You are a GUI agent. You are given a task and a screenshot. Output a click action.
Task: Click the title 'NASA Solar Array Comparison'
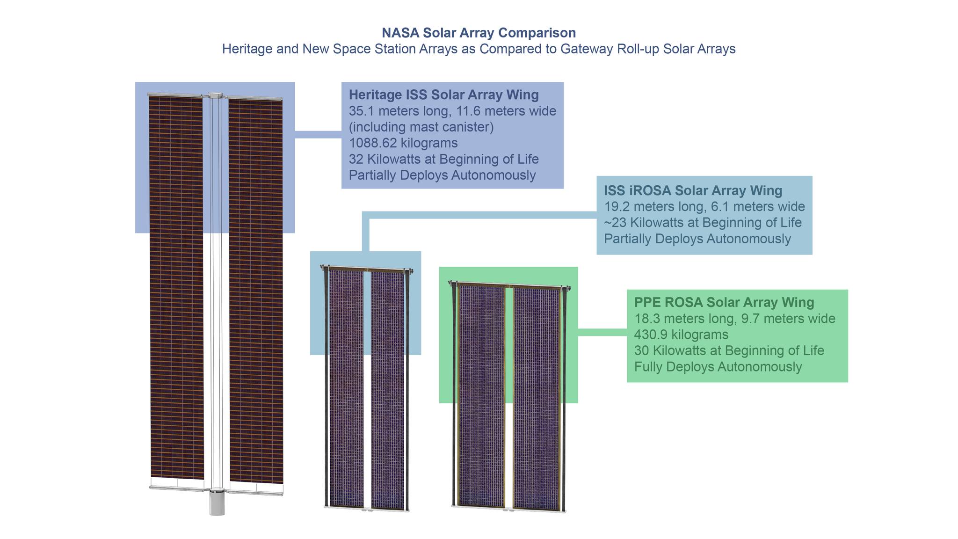point(479,33)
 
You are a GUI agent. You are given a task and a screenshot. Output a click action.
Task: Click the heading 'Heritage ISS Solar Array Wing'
point(444,95)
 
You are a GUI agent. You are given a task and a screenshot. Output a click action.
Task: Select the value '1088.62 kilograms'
point(403,143)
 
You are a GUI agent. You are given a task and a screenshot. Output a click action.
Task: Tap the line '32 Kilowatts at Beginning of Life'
point(444,159)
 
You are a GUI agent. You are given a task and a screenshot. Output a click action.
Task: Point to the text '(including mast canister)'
point(421,127)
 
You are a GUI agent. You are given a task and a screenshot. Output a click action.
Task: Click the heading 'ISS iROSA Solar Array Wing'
point(693,190)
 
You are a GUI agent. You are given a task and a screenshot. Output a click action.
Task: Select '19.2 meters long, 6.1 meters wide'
point(704,206)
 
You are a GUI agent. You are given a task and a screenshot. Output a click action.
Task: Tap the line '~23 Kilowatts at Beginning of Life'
point(703,222)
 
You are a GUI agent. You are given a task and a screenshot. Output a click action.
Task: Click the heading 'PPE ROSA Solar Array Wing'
point(724,302)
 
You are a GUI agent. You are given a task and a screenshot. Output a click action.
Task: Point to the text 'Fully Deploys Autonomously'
point(718,366)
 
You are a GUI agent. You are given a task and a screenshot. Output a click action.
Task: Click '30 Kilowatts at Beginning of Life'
point(729,350)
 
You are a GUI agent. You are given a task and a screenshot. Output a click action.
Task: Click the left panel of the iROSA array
point(346,389)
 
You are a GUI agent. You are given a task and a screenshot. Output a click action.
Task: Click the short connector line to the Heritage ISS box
point(318,135)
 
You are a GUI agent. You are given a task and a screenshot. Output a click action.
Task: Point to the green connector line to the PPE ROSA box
point(602,332)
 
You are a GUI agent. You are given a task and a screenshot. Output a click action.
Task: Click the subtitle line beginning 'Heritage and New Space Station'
point(479,49)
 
